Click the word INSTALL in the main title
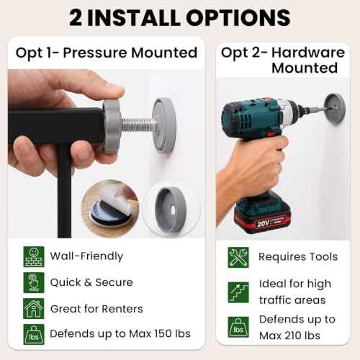click(133, 18)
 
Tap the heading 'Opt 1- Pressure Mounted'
click(107, 53)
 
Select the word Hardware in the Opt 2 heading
click(308, 53)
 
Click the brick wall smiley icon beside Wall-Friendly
click(34, 256)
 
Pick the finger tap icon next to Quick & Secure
click(34, 282)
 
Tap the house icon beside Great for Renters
click(34, 308)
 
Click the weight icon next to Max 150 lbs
click(34, 334)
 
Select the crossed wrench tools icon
click(238, 257)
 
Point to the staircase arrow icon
click(238, 292)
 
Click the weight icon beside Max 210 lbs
click(238, 327)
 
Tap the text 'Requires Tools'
click(298, 257)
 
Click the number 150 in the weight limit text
click(163, 333)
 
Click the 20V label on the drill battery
click(263, 223)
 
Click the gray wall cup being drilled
click(335, 109)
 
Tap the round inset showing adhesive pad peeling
click(110, 208)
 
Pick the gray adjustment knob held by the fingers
click(112, 126)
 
